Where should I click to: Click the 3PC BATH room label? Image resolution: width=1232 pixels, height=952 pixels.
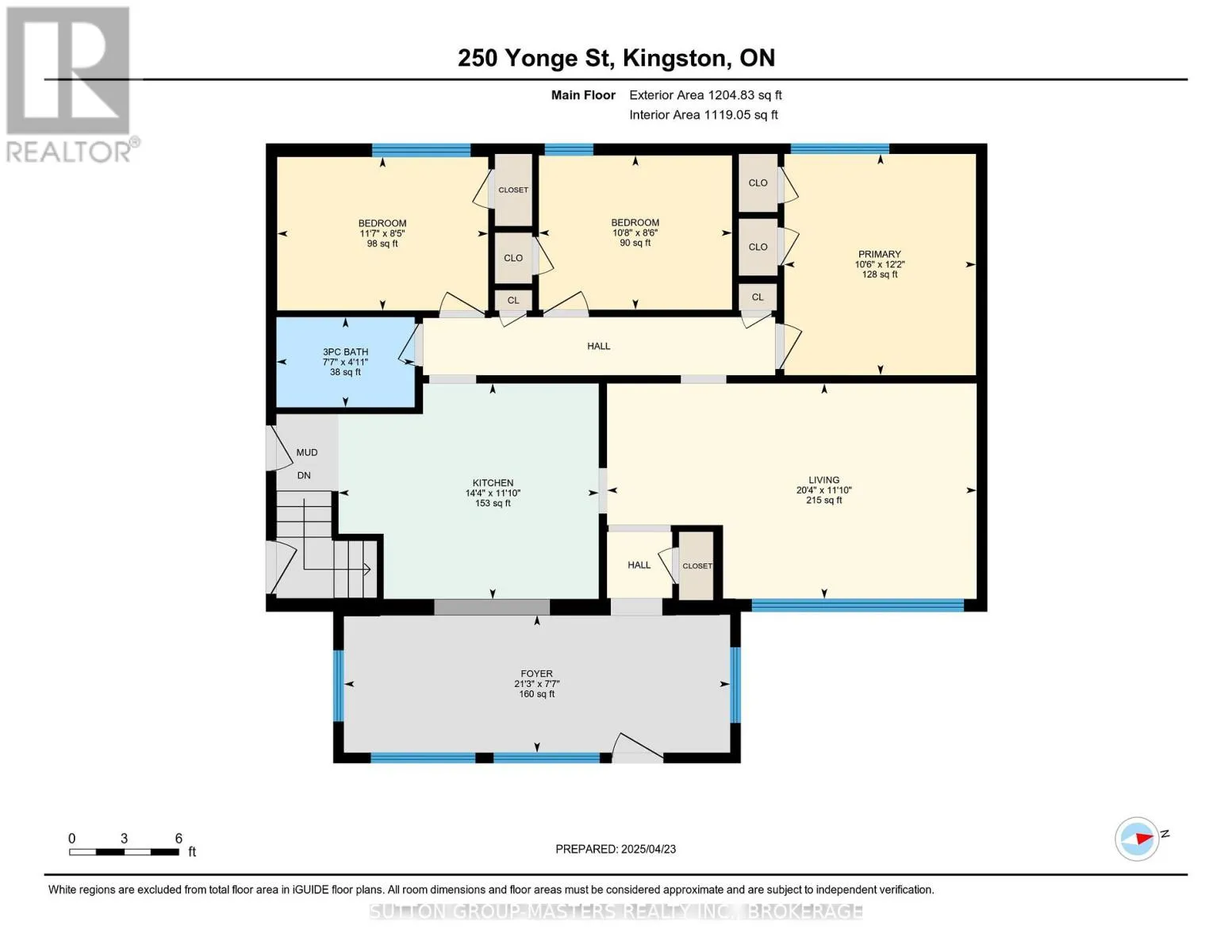345,352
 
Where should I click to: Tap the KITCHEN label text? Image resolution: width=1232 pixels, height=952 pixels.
493,483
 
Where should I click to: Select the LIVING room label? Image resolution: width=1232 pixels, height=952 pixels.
823,480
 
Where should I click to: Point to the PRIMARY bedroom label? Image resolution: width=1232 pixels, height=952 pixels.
879,254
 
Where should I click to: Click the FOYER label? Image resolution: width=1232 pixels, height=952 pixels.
536,674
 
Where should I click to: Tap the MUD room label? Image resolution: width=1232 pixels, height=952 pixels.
307,452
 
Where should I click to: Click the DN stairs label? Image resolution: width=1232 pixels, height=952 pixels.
304,475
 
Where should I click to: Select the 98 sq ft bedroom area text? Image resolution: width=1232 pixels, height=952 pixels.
382,244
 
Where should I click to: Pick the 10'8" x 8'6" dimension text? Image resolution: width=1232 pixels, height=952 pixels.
635,232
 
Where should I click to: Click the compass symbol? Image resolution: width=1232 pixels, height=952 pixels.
1136,839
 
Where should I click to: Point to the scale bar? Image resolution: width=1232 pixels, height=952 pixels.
125,851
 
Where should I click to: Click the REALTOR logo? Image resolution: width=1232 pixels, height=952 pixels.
71,85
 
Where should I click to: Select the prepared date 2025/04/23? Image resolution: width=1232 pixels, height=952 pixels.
649,849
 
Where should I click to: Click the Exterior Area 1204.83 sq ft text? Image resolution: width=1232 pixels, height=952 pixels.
705,95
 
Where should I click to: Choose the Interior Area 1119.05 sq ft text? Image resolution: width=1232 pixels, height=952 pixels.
703,114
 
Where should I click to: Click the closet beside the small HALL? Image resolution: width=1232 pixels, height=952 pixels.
697,566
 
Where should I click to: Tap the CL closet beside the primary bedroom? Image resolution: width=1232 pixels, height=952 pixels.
758,297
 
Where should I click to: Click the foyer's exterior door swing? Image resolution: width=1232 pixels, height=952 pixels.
637,747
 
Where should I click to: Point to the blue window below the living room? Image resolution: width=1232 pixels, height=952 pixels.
858,605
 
